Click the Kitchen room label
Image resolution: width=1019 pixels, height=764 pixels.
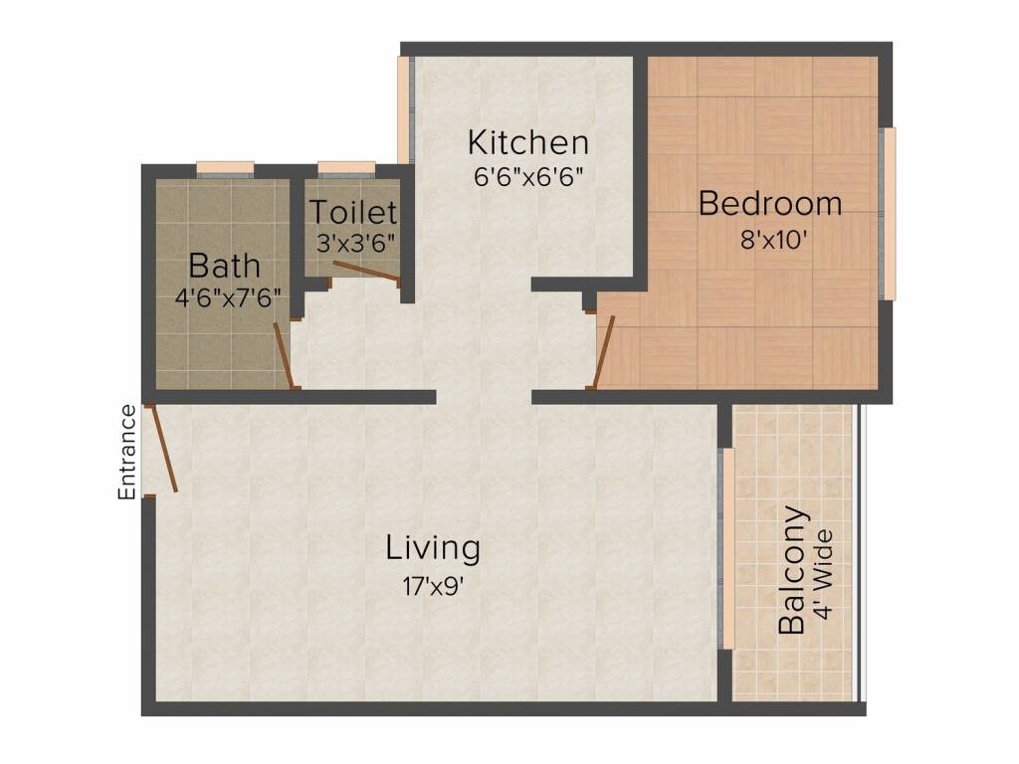click(x=528, y=142)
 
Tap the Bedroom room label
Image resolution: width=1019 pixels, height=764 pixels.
click(x=769, y=204)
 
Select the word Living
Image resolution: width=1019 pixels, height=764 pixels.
click(x=433, y=547)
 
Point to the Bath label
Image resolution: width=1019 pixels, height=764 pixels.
click(x=225, y=266)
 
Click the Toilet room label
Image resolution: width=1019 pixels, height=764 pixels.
click(x=352, y=212)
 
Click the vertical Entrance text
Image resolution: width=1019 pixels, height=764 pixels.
click(x=126, y=452)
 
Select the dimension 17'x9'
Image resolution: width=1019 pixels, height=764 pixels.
click(x=433, y=585)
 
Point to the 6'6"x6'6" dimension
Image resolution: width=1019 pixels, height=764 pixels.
click(x=527, y=178)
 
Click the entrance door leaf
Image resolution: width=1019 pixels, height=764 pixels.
click(x=162, y=449)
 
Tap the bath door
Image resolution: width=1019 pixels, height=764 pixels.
click(x=283, y=354)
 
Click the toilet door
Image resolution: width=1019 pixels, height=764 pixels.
click(x=366, y=272)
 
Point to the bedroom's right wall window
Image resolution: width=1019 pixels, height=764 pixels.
click(x=890, y=214)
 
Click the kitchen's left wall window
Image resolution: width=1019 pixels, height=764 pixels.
click(x=404, y=109)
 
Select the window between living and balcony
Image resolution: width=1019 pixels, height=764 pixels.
click(x=727, y=547)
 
